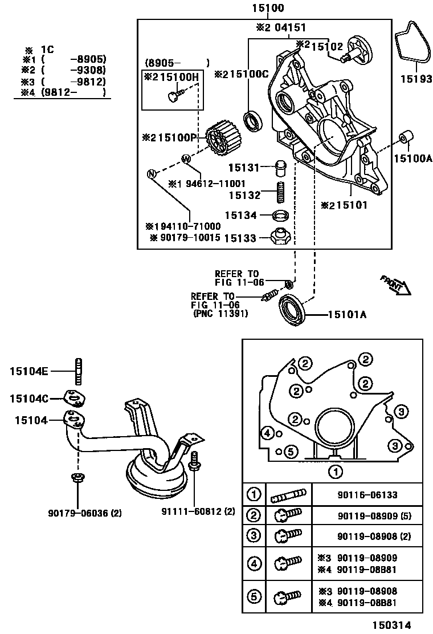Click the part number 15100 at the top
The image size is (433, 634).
coord(264,8)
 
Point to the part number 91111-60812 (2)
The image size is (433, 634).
coord(198,511)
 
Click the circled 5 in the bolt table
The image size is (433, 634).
coord(254,596)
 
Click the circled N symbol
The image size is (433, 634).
coord(152,174)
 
